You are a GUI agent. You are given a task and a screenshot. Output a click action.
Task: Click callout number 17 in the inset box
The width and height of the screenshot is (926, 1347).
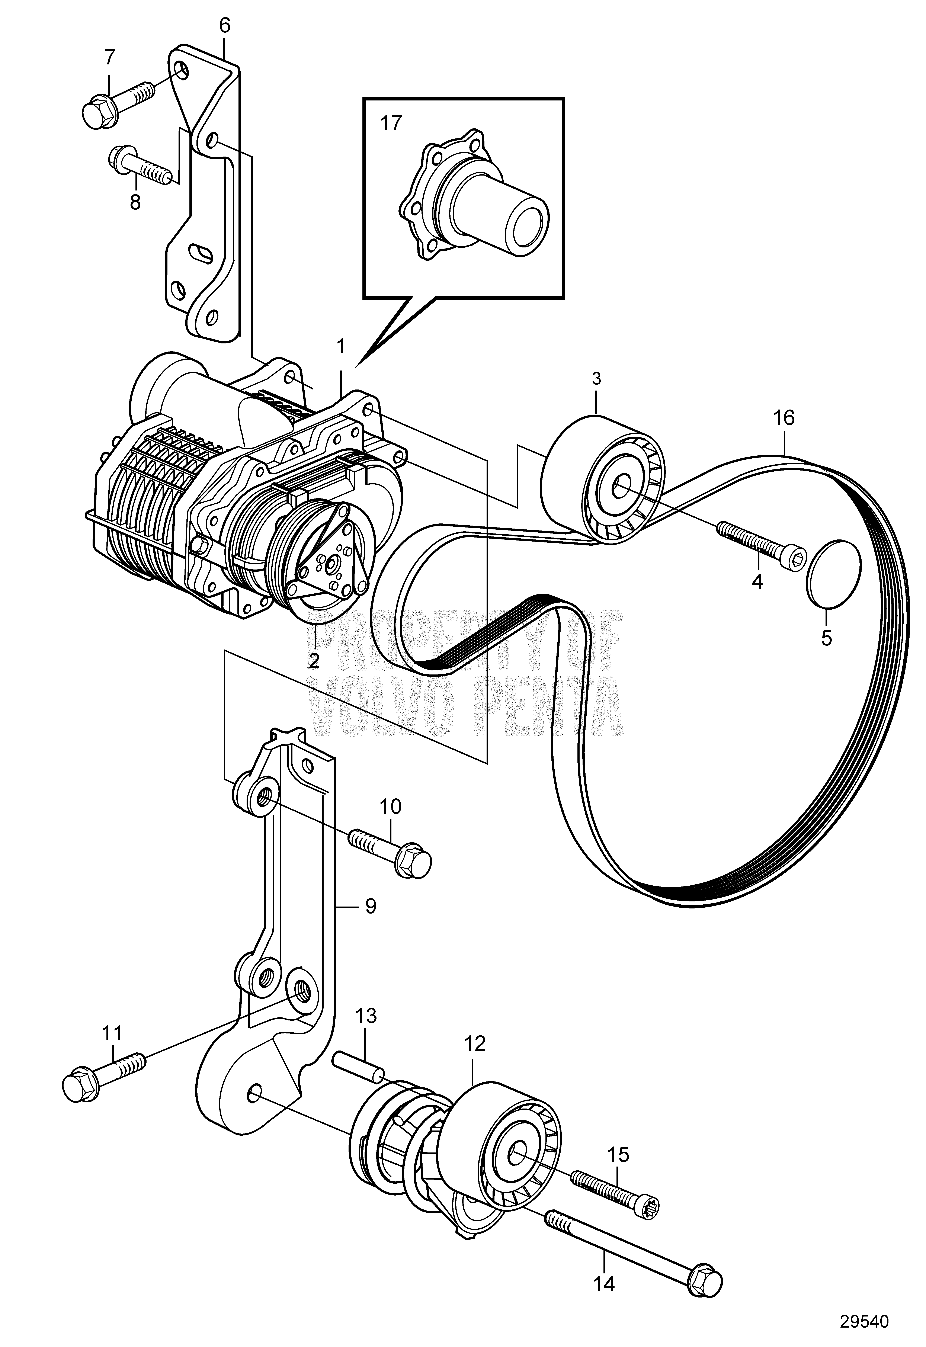[391, 124]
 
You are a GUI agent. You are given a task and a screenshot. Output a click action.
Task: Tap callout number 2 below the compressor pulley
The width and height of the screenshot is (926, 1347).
[314, 661]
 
